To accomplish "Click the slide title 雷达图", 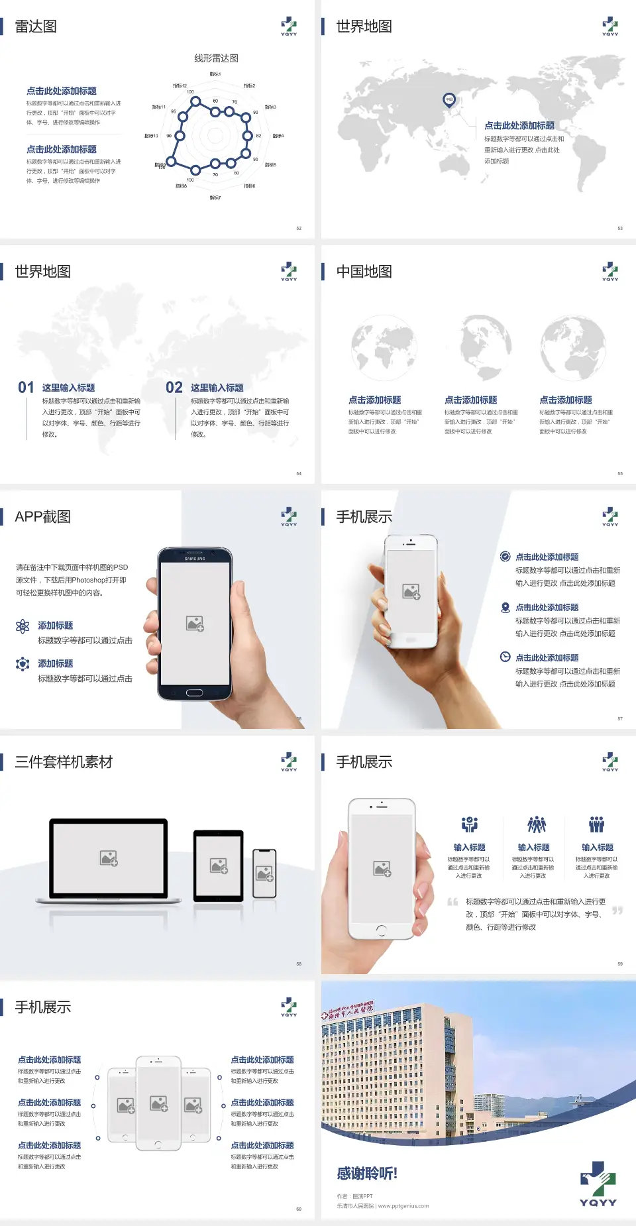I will (36, 27).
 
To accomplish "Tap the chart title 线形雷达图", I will (216, 58).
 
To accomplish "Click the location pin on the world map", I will (449, 100).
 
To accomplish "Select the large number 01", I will (26, 388).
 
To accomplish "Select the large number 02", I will (174, 388).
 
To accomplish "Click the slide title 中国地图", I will (364, 272).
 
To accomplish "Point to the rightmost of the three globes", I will (572, 347).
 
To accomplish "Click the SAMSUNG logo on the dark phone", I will (195, 559).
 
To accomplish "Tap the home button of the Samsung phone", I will (194, 693).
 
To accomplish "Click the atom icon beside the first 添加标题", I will (23, 626).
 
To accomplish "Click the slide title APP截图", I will (42, 517).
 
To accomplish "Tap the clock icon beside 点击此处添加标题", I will (505, 657).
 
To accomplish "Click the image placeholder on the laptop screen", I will (109, 858).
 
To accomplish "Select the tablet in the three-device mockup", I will (219, 865).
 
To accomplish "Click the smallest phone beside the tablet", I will (264, 873).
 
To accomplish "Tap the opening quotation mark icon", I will (452, 901).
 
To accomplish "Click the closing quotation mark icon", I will (617, 911).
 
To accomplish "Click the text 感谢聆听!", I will (367, 1174).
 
